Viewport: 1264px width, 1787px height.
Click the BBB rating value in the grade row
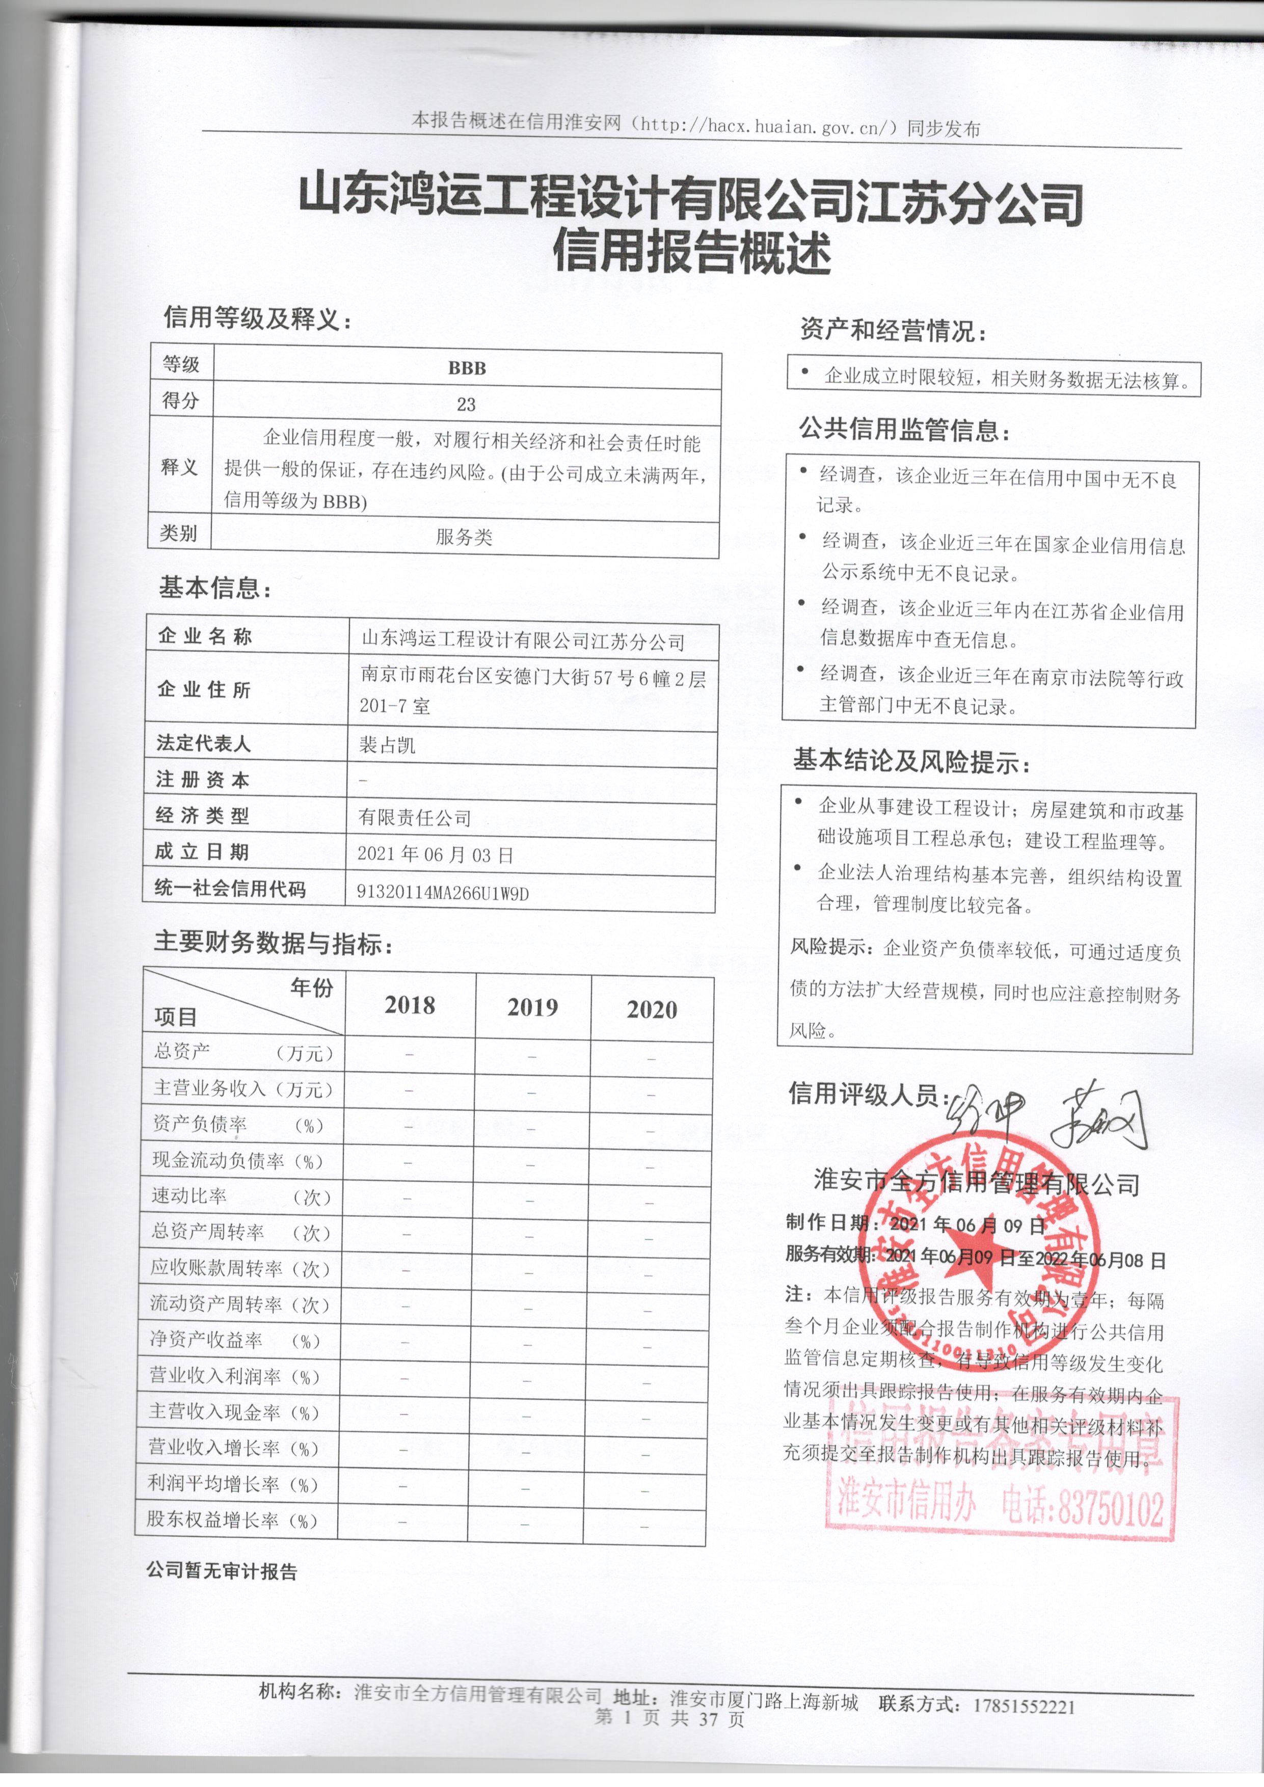click(x=467, y=368)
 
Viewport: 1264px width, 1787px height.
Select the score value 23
click(x=466, y=405)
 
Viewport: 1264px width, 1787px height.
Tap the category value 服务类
click(x=464, y=537)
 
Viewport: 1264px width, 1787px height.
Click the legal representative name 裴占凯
click(x=387, y=745)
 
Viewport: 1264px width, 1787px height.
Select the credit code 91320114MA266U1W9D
click(x=442, y=893)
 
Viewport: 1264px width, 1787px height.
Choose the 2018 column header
click(x=410, y=1005)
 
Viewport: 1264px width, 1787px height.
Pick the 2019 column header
click(x=532, y=1008)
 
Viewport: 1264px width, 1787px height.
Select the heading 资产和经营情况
click(x=892, y=331)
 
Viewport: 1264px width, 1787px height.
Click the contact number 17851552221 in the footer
click(x=1024, y=1707)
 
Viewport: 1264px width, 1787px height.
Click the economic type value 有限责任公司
click(x=415, y=817)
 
